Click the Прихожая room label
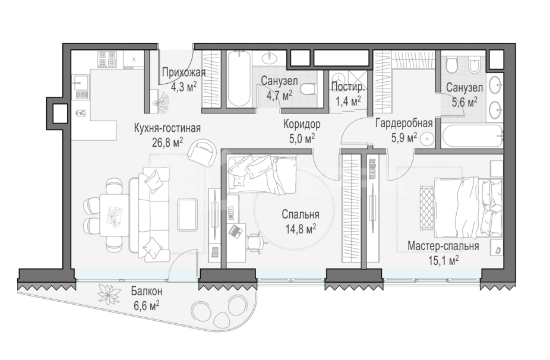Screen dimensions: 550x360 [x=184, y=72]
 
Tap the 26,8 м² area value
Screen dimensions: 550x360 [x=167, y=142]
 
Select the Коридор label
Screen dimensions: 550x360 [x=302, y=124]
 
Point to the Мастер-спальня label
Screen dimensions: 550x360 [x=443, y=246]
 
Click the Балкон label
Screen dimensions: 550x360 [x=147, y=291]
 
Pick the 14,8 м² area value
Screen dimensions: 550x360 [x=301, y=229]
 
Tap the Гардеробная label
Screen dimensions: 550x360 [x=404, y=124]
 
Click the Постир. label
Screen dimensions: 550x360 [x=348, y=86]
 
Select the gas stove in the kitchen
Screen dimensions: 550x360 [x=107, y=59]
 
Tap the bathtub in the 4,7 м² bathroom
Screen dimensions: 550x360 [x=239, y=78]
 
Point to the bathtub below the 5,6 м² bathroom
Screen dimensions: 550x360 [x=472, y=137]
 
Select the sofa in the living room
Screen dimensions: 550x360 [x=150, y=214]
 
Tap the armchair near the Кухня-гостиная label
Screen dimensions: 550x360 [x=201, y=153]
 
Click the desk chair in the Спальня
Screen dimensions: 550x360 [x=255, y=242]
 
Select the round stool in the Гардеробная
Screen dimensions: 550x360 [x=426, y=139]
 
